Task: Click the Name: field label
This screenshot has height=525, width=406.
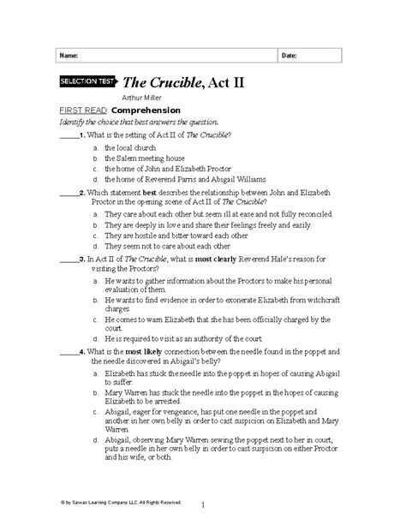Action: [68, 55]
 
